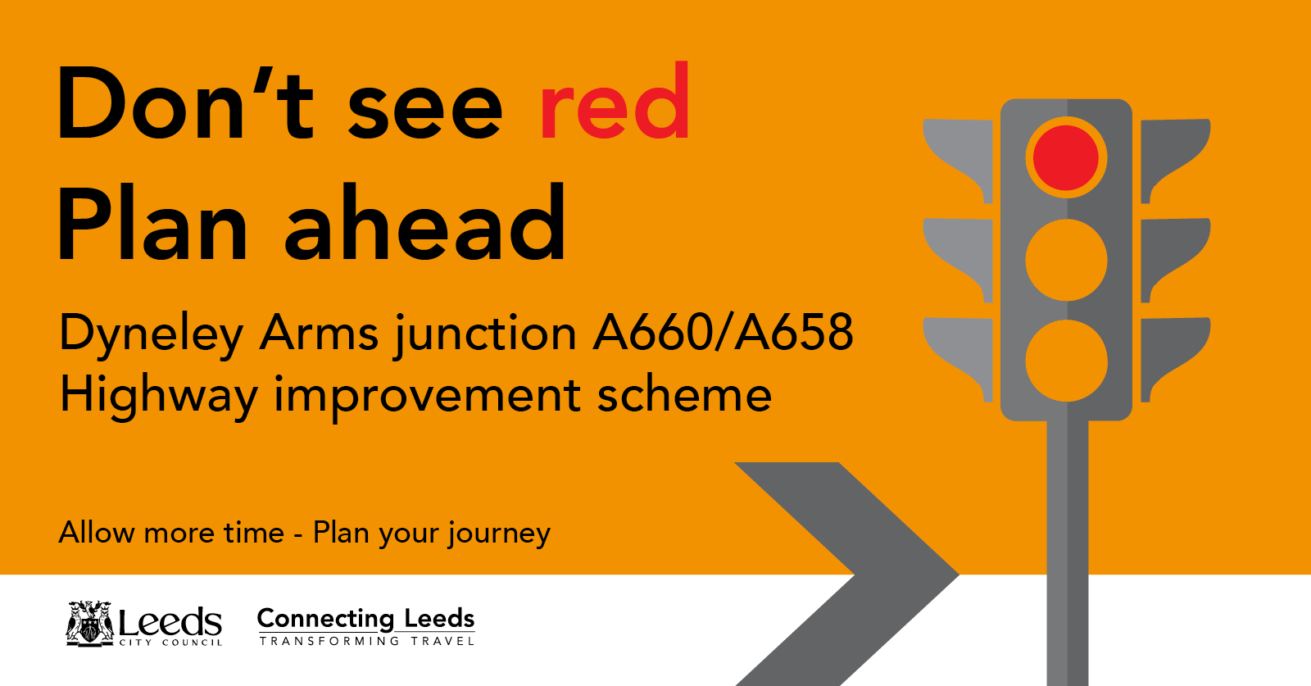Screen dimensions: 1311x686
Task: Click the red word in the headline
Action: tap(615, 101)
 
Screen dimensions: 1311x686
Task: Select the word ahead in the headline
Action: tap(425, 220)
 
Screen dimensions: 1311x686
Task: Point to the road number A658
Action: tap(794, 333)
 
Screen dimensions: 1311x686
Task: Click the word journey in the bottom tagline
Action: tap(499, 534)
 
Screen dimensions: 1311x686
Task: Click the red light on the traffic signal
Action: tap(1066, 157)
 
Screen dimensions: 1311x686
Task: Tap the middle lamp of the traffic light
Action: tap(1066, 260)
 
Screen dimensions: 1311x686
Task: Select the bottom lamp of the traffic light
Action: tap(1066, 361)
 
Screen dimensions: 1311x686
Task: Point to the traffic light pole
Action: tap(1067, 553)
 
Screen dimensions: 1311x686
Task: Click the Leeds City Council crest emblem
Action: tap(89, 624)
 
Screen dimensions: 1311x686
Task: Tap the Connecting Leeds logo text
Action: tap(365, 619)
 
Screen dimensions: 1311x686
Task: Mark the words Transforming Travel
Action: tap(367, 641)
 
